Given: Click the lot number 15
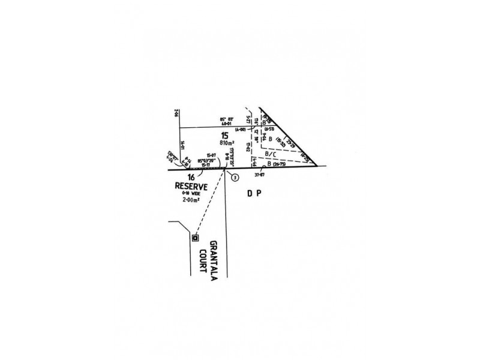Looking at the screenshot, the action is tap(224, 135).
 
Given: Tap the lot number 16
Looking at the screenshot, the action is tap(190, 177).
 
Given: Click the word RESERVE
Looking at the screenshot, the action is tap(191, 186).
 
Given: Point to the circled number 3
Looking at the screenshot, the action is tap(235, 177).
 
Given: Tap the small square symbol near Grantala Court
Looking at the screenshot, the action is tap(195, 238).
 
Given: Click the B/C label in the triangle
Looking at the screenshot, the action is tap(270, 154).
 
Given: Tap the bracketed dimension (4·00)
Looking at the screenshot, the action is tap(241, 129).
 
